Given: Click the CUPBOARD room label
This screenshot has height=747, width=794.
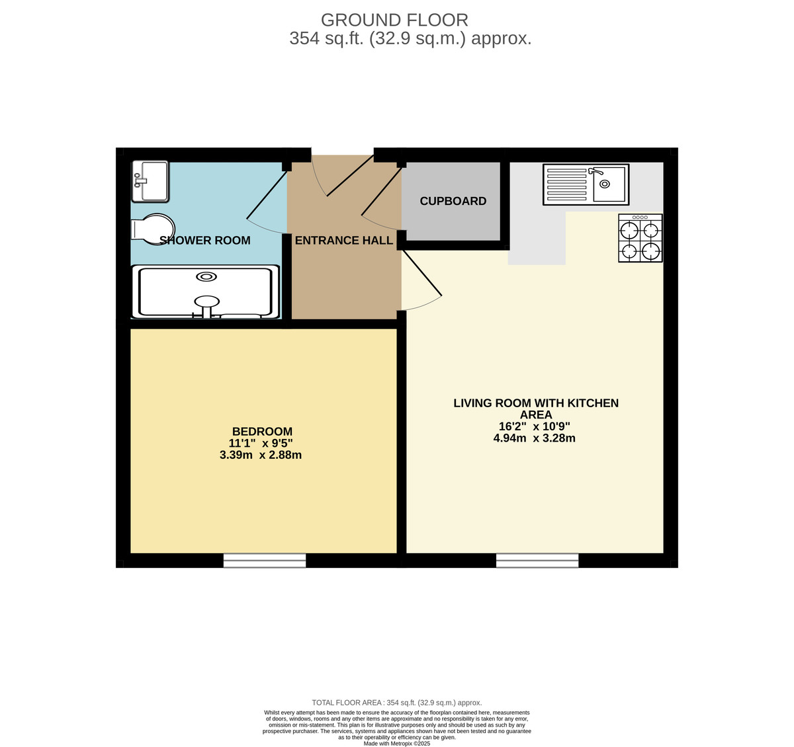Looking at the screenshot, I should point(453,201).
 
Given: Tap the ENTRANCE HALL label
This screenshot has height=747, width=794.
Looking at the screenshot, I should point(344,241).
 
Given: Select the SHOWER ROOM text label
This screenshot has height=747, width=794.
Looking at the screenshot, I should point(205,241).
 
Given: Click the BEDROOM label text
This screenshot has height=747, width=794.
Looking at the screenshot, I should point(262,432).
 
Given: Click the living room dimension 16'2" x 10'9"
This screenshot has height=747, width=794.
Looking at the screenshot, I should point(535,426).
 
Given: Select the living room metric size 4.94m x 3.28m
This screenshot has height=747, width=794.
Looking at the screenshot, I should point(535,438).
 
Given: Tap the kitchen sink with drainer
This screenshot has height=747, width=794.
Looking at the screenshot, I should point(586,184).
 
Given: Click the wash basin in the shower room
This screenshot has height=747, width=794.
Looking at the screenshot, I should point(150,181).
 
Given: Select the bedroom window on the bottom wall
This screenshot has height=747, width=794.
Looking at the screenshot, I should point(265,561).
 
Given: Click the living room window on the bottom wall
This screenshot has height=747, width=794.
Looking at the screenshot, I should point(537,561).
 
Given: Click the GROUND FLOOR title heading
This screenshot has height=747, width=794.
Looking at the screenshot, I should point(394,20).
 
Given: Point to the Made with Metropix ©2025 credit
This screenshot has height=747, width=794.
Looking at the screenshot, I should point(397,743).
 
